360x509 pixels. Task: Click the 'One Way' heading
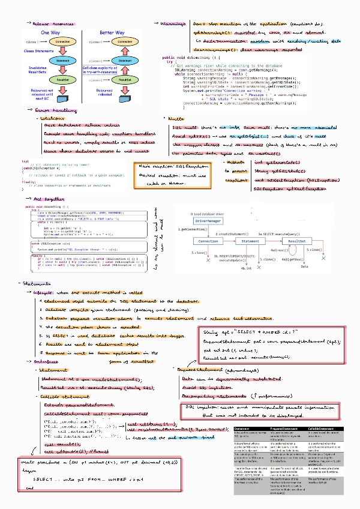coord(51,32)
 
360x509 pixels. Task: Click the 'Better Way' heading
coord(112,32)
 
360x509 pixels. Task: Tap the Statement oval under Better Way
coord(124,61)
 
